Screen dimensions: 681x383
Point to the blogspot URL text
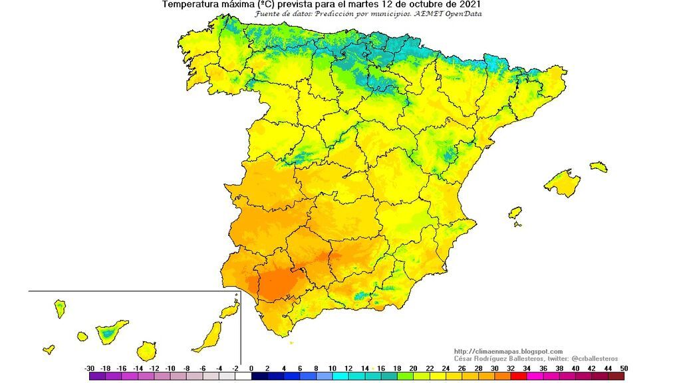(x=508, y=351)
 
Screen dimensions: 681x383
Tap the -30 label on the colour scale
(x=89, y=368)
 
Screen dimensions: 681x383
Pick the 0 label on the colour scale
(x=251, y=368)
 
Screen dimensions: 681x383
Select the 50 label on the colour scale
(x=624, y=368)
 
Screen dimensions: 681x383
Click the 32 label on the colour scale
(x=511, y=368)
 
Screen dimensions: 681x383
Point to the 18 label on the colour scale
(x=397, y=368)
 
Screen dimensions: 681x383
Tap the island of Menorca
(x=599, y=166)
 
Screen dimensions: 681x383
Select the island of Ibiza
(x=515, y=213)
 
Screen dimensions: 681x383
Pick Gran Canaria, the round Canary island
(x=147, y=350)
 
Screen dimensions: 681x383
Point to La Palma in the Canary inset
(x=59, y=308)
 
